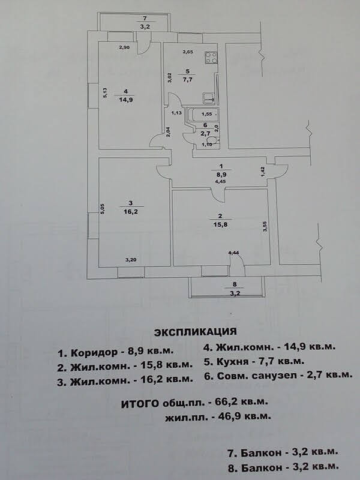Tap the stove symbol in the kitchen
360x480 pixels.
pos(212,58)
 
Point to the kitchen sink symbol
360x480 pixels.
pos(208,98)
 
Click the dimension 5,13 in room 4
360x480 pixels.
pos(104,93)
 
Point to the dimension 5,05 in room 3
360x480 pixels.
pos(103,209)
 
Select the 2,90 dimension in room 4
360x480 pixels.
pos(124,47)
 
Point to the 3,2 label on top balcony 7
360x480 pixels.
pos(144,27)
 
